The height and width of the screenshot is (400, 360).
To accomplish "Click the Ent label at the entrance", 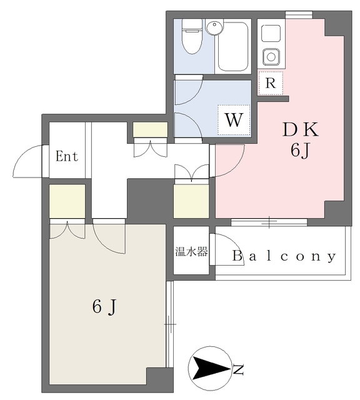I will click(67, 156).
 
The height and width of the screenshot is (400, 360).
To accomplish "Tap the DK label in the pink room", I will click(301, 130).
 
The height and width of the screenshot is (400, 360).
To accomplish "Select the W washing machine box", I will click(233, 120).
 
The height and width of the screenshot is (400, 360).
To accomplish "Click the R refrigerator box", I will click(270, 82).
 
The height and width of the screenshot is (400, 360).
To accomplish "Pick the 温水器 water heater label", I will click(191, 252).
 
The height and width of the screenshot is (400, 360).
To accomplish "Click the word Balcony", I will click(284, 256).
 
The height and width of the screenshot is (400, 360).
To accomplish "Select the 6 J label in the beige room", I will click(105, 307).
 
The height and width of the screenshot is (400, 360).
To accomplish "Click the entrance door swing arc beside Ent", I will click(29, 161).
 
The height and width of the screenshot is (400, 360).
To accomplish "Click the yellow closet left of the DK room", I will click(191, 201).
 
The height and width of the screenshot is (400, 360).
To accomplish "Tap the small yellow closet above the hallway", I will click(151, 129).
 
